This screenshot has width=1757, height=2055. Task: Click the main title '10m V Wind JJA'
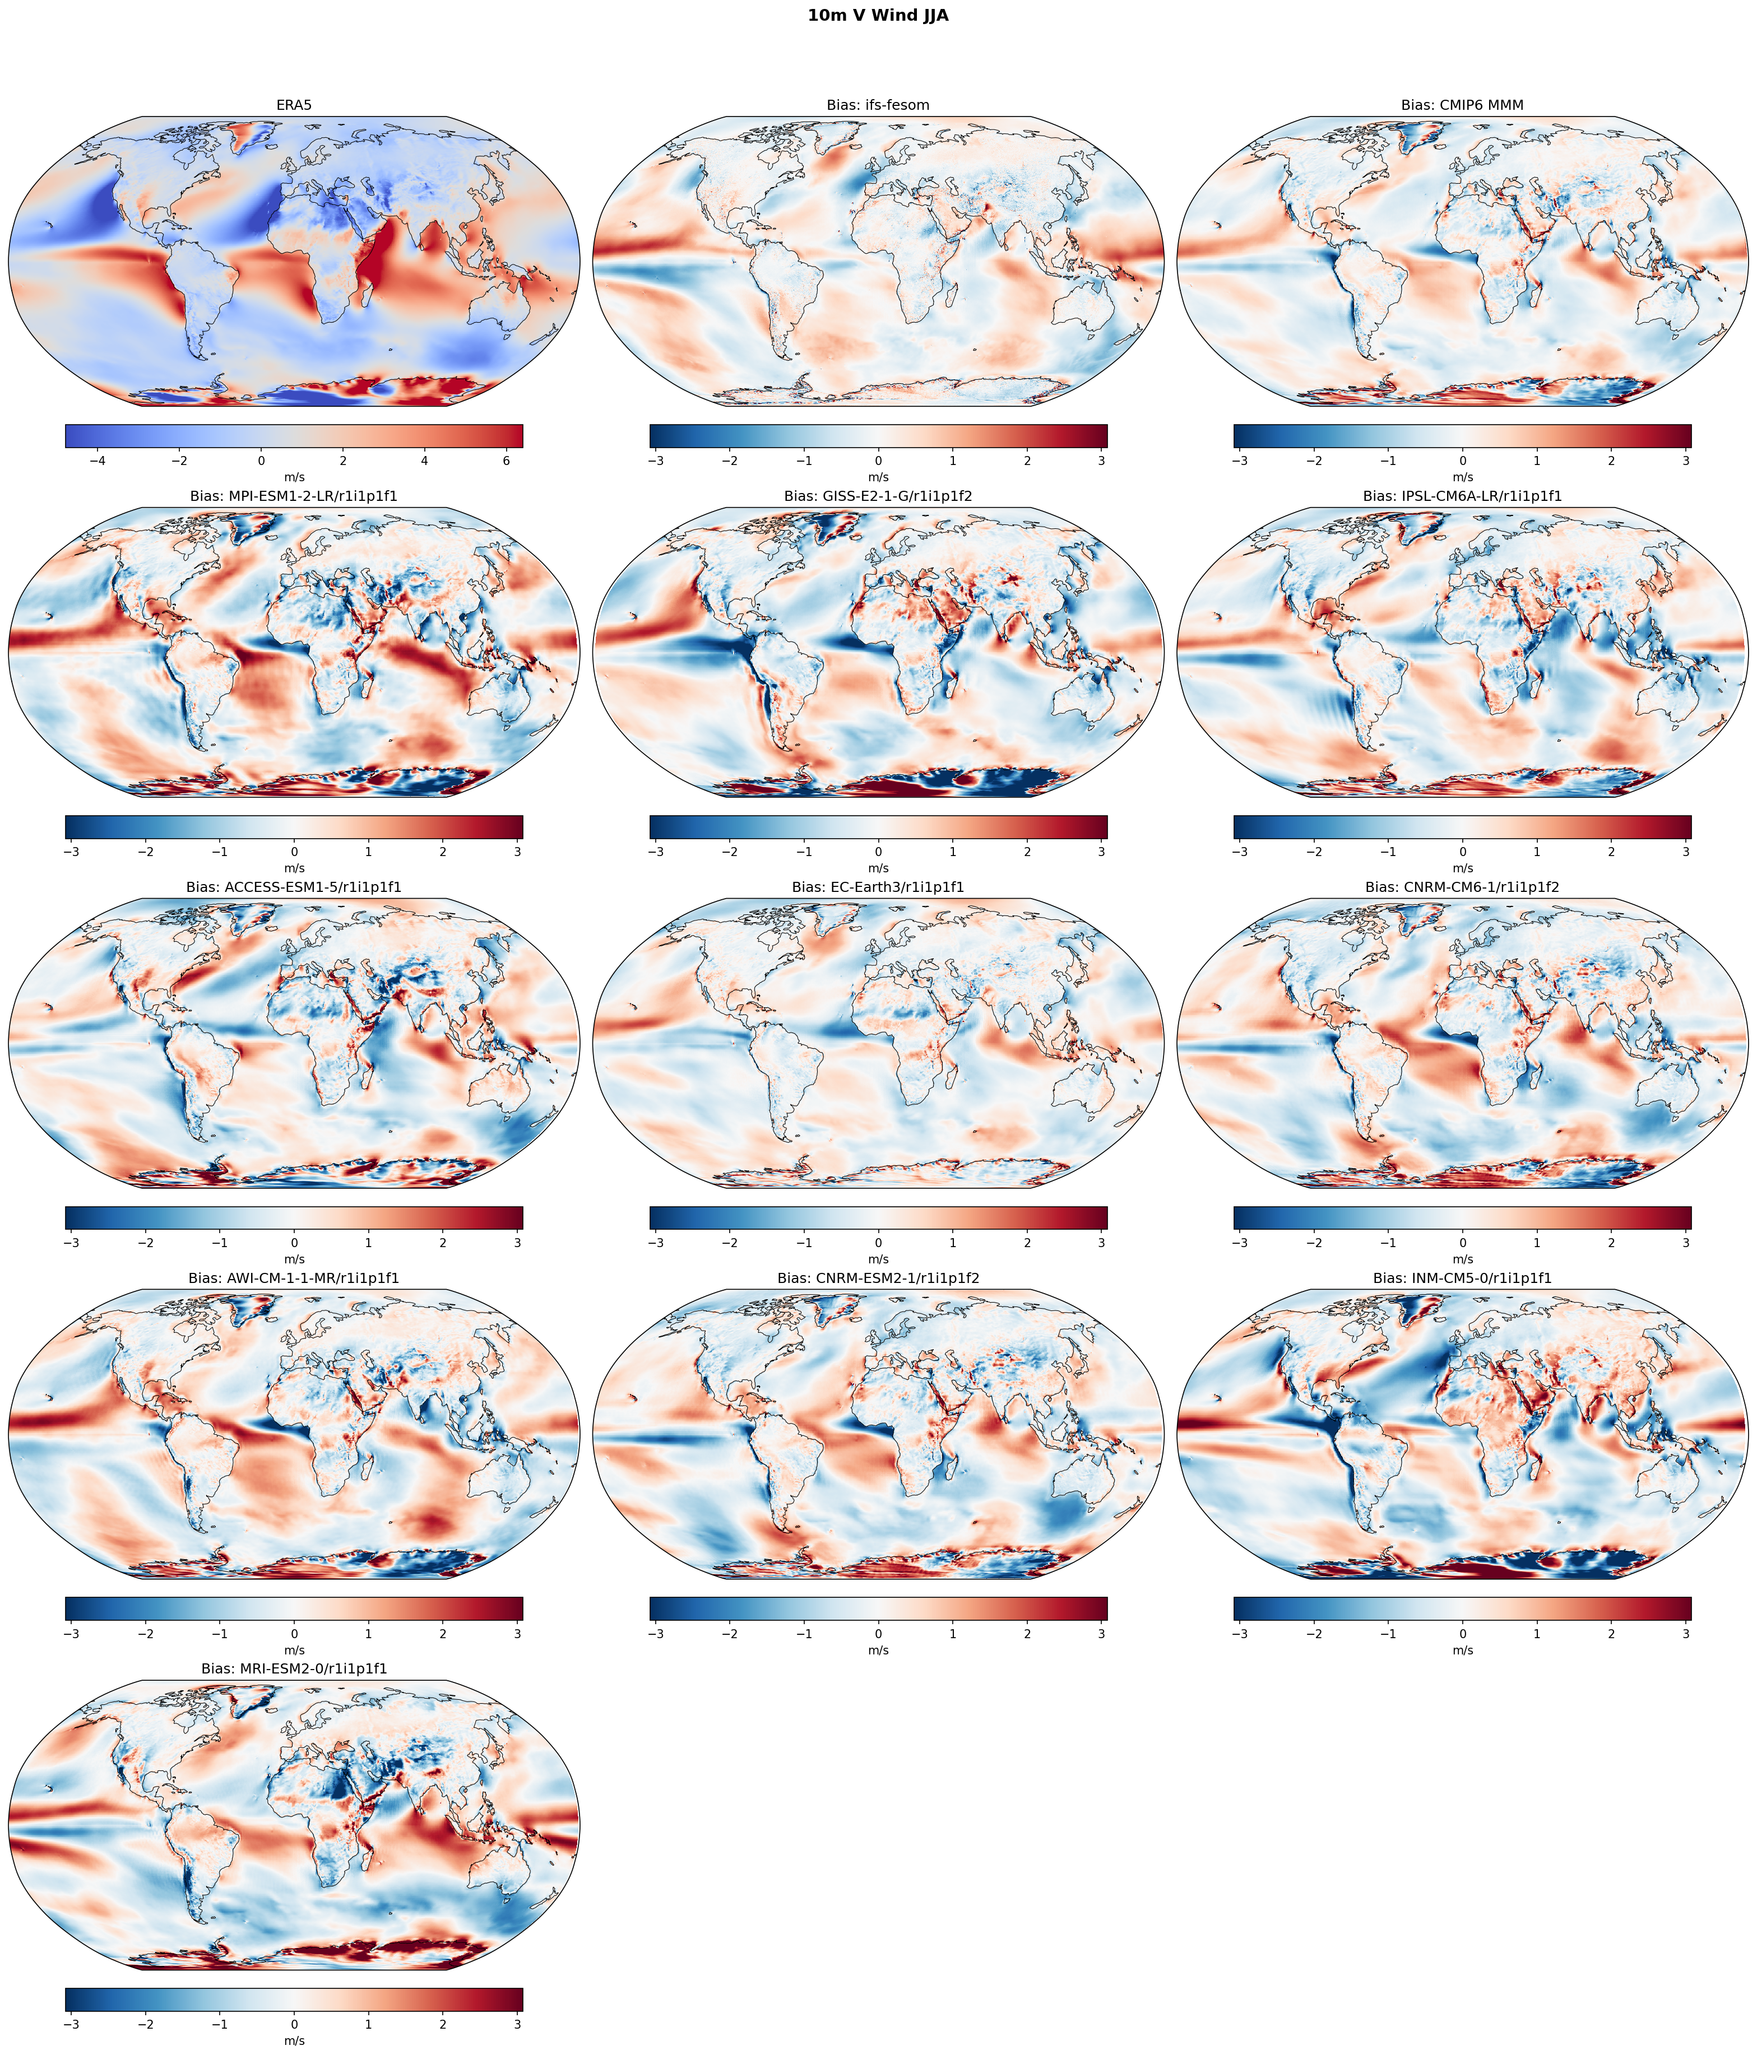878,16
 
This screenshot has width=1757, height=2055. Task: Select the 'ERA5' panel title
294,105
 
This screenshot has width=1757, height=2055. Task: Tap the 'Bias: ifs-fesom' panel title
878,105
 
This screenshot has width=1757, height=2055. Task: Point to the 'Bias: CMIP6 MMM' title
1462,105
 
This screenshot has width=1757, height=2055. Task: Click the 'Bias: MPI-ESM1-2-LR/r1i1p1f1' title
294,496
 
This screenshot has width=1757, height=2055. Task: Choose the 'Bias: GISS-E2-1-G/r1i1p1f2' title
878,496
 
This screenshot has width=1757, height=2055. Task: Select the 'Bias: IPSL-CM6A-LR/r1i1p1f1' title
1462,496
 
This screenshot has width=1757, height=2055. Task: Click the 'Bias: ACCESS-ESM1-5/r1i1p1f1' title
294,887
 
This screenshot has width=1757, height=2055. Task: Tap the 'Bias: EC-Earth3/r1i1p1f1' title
878,887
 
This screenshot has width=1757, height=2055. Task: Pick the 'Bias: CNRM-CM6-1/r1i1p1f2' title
1462,887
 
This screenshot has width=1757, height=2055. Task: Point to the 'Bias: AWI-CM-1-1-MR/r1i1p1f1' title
294,1278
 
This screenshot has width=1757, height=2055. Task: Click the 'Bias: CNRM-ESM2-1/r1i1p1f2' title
878,1278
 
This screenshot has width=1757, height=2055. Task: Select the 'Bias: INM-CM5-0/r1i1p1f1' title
1462,1278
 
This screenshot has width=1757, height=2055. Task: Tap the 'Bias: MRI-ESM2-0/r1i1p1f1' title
294,1669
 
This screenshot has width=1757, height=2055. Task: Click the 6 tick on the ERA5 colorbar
506,461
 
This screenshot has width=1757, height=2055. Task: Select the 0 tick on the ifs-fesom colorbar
878,461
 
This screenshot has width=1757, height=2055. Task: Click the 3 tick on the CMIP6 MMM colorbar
1686,461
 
